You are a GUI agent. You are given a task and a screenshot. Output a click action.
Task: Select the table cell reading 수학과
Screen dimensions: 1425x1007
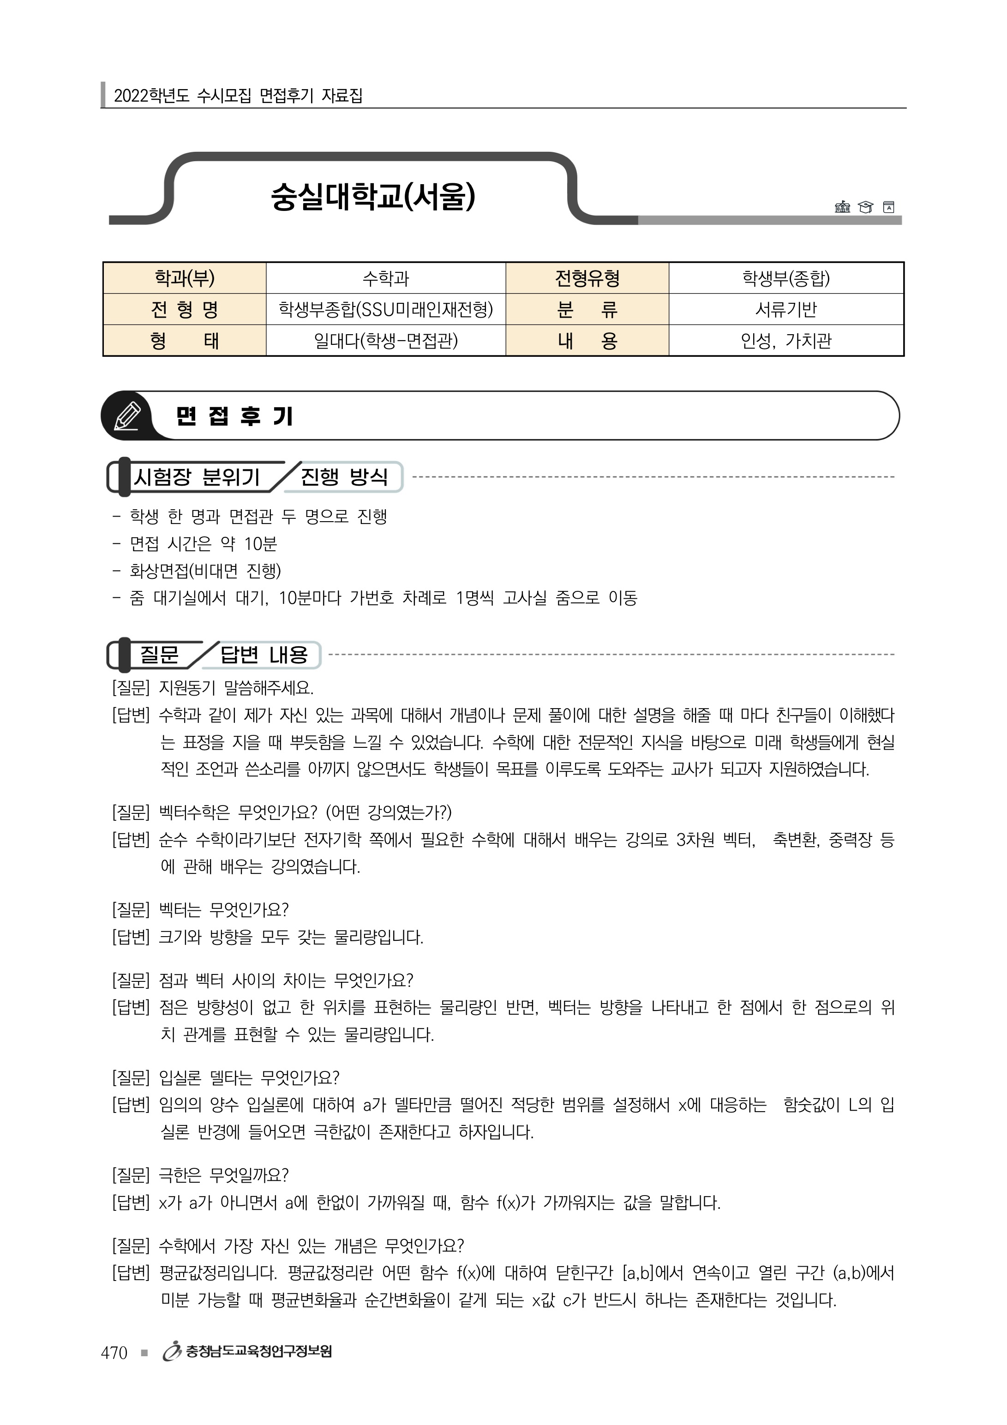(x=385, y=278)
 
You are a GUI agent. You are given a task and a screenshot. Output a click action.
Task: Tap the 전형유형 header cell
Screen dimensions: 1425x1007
(x=587, y=278)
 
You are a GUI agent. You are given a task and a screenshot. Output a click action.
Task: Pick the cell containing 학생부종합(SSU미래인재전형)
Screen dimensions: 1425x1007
(x=385, y=309)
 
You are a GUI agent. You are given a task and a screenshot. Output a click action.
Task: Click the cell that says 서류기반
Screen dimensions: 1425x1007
(x=785, y=309)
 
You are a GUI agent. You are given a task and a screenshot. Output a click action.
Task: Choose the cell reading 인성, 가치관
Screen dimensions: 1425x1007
(x=785, y=341)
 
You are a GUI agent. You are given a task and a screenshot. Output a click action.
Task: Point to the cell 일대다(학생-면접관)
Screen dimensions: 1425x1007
(x=385, y=341)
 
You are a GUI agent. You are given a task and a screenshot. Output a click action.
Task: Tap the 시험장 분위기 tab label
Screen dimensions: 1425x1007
(x=197, y=477)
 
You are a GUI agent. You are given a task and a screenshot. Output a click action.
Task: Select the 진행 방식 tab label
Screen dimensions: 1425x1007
(x=344, y=477)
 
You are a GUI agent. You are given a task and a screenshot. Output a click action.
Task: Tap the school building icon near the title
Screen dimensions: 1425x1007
(x=842, y=207)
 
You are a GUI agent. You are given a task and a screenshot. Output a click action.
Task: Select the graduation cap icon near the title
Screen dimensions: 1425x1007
(x=865, y=207)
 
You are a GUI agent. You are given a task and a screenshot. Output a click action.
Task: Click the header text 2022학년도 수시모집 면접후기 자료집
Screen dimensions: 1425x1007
(x=238, y=96)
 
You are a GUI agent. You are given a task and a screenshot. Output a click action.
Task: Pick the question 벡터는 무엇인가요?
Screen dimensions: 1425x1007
(x=223, y=910)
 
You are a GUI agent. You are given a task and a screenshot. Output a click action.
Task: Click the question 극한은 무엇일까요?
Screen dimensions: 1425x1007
(x=223, y=1175)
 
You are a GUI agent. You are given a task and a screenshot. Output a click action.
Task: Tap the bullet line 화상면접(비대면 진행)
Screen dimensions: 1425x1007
(x=205, y=571)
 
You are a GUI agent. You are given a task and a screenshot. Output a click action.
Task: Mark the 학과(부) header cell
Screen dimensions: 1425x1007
(x=184, y=278)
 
